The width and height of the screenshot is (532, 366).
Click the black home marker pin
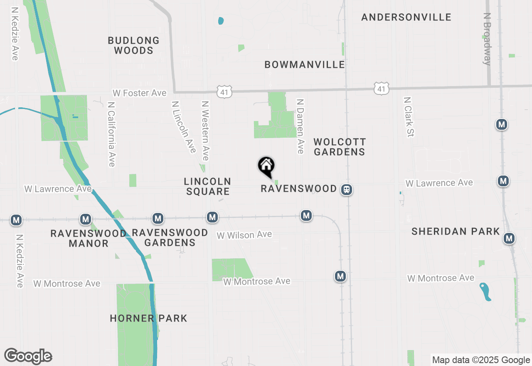click(x=266, y=166)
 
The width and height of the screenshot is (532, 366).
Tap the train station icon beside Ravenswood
click(x=346, y=190)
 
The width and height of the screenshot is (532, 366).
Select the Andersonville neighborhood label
click(x=406, y=17)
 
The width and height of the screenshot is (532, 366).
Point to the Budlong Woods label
click(x=133, y=45)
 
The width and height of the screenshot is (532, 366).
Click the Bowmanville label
click(x=305, y=64)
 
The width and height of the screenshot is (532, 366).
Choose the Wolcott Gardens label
click(x=340, y=147)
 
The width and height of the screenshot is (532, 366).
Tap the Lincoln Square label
click(x=207, y=186)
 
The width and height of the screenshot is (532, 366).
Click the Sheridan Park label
click(x=456, y=232)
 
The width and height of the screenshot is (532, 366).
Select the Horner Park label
click(x=148, y=319)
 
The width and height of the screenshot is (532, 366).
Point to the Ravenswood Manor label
click(x=88, y=238)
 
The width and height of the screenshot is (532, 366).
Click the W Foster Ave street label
click(x=140, y=93)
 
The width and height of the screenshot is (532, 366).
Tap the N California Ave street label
click(x=111, y=134)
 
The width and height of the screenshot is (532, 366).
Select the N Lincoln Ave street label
click(x=183, y=126)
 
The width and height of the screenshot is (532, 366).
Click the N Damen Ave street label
click(x=300, y=126)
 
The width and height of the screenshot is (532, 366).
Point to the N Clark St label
click(x=409, y=117)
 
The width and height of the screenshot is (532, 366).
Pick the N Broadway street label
click(x=488, y=39)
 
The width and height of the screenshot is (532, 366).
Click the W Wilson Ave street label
click(x=244, y=235)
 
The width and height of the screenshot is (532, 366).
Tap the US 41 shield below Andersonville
click(x=381, y=88)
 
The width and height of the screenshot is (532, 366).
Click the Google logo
click(x=28, y=356)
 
